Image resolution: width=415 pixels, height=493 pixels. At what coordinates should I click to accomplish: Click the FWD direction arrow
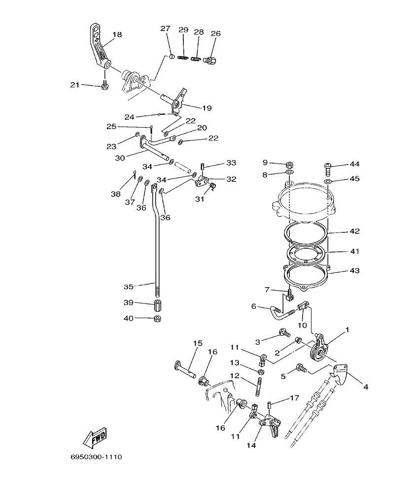click(x=96, y=436)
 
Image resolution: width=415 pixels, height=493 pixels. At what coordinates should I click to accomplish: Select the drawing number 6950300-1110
click(x=96, y=457)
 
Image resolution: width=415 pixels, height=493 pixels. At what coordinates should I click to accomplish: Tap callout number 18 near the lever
click(x=117, y=34)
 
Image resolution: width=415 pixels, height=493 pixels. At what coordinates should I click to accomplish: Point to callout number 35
click(x=129, y=286)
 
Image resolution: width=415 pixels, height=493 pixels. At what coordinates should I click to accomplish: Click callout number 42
click(x=354, y=231)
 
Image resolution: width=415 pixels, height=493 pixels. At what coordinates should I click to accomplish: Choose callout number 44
click(x=354, y=164)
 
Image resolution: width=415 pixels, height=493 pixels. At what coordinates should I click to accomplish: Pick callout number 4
click(x=366, y=387)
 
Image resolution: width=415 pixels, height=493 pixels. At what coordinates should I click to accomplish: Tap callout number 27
click(x=165, y=29)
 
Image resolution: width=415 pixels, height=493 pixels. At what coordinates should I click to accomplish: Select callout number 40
click(x=129, y=318)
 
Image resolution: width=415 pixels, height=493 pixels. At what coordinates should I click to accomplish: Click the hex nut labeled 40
click(x=158, y=319)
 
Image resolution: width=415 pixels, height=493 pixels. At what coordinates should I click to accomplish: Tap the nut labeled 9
click(x=290, y=164)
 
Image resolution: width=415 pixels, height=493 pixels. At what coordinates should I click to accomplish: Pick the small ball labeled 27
click(x=172, y=57)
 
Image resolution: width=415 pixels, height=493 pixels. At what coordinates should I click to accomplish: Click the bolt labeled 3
click(x=284, y=333)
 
